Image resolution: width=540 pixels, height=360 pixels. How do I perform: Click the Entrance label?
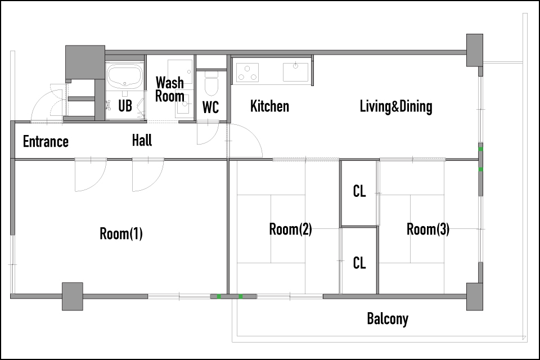click(46, 142)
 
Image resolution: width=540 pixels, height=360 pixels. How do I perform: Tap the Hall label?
click(142, 141)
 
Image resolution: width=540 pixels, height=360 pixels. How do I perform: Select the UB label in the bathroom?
click(125, 106)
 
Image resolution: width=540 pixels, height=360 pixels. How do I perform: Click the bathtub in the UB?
click(125, 76)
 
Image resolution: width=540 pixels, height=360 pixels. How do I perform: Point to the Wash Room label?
click(170, 89)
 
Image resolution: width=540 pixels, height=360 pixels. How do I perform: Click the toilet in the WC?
click(211, 84)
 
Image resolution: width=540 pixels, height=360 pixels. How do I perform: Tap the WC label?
click(210, 107)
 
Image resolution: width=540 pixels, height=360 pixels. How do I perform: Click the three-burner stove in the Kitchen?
click(247, 73)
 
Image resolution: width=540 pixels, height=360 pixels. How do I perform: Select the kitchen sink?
click(295, 72)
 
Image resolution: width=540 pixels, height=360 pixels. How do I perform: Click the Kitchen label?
click(269, 106)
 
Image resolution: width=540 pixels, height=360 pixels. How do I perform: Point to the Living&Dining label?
click(396, 106)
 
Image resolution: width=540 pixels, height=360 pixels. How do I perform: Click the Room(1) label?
click(121, 233)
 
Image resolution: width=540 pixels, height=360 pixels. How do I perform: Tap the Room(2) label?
click(290, 229)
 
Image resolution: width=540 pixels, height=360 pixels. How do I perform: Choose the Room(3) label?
click(428, 229)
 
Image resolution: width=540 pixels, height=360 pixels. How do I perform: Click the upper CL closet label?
click(359, 191)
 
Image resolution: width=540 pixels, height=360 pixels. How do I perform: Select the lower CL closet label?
click(359, 263)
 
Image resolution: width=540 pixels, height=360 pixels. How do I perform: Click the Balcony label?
click(388, 319)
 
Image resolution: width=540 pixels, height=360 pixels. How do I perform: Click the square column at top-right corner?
click(475, 50)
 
